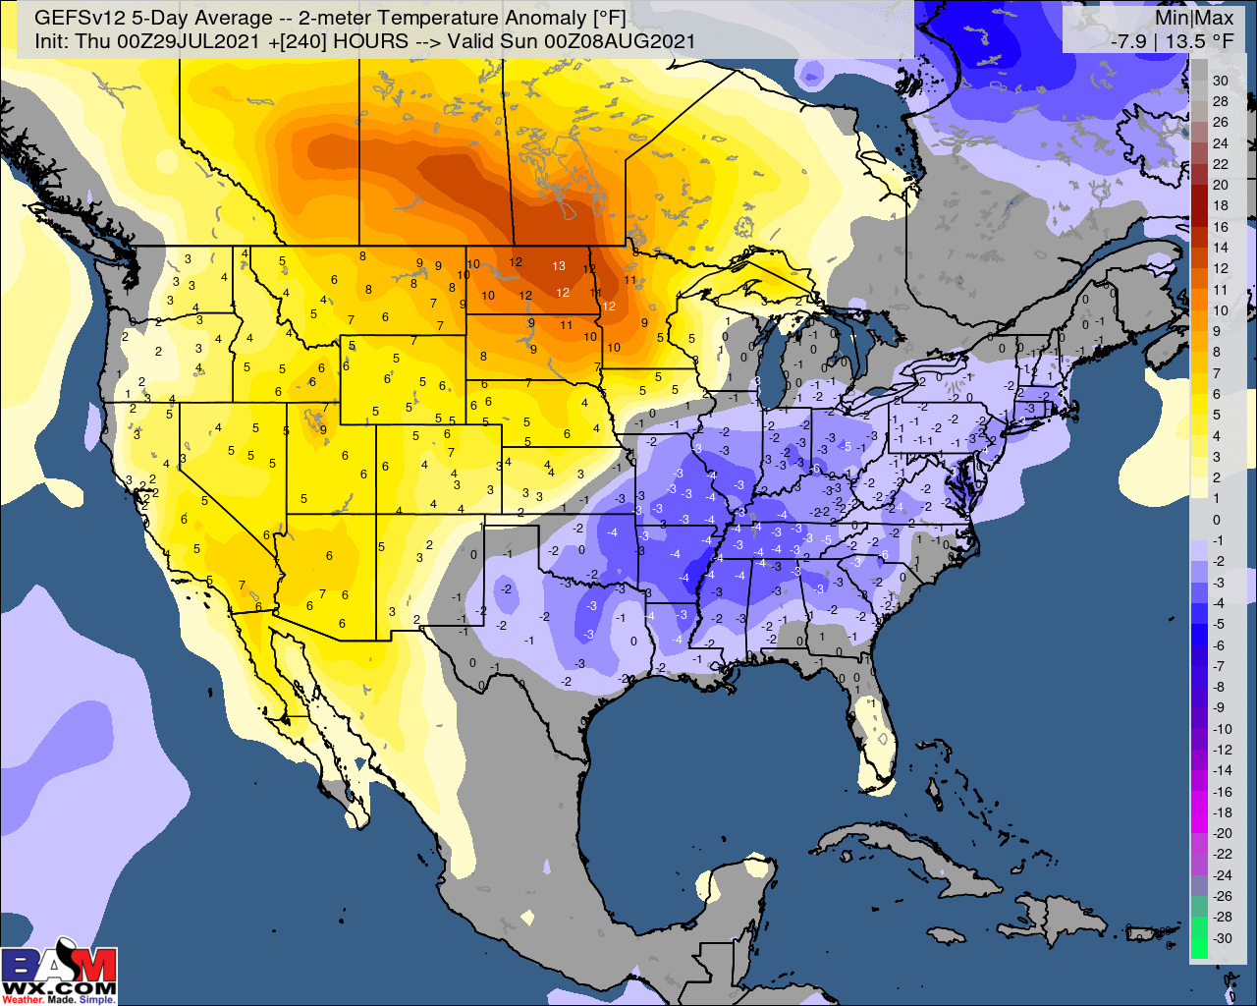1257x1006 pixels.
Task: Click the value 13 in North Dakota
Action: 558,266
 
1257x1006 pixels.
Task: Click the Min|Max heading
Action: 1194,18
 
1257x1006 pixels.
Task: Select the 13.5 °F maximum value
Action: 1199,41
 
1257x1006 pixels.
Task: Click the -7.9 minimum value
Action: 1128,41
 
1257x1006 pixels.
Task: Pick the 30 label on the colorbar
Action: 1221,81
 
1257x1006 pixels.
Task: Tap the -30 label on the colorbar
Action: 1222,938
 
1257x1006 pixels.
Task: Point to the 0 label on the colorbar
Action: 1217,520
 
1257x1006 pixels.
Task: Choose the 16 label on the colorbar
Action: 1221,227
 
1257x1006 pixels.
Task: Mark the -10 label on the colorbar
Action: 1222,729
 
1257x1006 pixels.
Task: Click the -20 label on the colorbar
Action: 1222,833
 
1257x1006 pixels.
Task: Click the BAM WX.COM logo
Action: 59,975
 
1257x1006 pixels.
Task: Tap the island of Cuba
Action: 903,850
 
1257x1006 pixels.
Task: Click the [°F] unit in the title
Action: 606,18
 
